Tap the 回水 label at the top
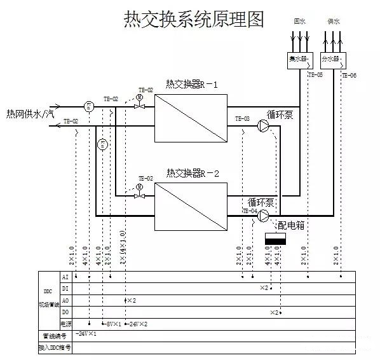click(299, 21)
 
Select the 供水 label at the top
click(334, 21)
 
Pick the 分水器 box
click(334, 59)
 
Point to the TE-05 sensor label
click(315, 76)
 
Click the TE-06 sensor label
click(349, 76)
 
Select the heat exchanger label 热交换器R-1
click(191, 84)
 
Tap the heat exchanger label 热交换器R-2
click(191, 172)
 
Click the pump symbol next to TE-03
click(264, 127)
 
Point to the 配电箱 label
click(289, 225)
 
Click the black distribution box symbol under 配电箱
click(276, 239)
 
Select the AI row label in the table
click(65, 277)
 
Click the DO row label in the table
click(65, 312)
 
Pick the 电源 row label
click(65, 324)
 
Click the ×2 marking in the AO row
click(132, 300)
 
